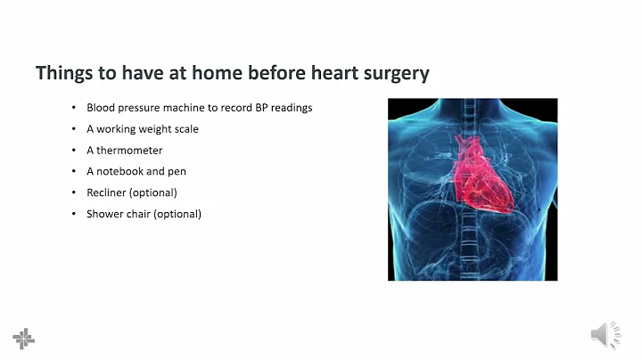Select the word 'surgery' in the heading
[x=397, y=73]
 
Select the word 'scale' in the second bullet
[x=186, y=129]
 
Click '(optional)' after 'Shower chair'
[x=177, y=214]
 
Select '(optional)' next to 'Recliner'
[x=152, y=192]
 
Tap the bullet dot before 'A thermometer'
[x=74, y=151]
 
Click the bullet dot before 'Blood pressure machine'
[x=74, y=108]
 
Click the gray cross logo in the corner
[x=24, y=338]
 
